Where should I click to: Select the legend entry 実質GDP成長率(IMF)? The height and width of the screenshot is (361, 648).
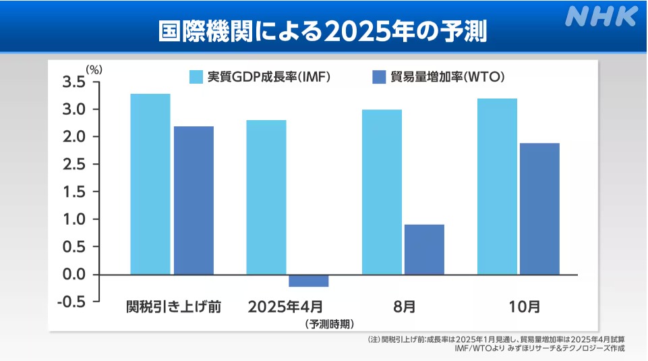click(x=260, y=76)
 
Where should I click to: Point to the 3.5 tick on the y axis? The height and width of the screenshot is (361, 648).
click(x=73, y=82)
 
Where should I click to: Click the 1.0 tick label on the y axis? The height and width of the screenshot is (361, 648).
click(x=73, y=219)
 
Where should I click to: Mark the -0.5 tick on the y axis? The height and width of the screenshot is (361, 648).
click(x=71, y=302)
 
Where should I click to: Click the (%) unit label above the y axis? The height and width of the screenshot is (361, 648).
click(x=94, y=68)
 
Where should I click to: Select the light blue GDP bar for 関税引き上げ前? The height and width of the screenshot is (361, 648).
click(x=150, y=184)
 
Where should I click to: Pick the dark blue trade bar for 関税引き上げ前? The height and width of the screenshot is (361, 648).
click(x=194, y=200)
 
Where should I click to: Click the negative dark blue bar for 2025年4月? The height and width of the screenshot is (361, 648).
click(x=309, y=281)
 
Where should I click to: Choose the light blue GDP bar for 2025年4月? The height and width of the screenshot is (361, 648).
click(x=266, y=197)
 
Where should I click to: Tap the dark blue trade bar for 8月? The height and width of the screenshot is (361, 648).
click(x=424, y=249)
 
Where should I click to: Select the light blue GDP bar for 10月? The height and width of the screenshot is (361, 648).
click(x=497, y=186)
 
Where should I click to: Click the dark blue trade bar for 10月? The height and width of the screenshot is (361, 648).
click(x=539, y=209)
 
